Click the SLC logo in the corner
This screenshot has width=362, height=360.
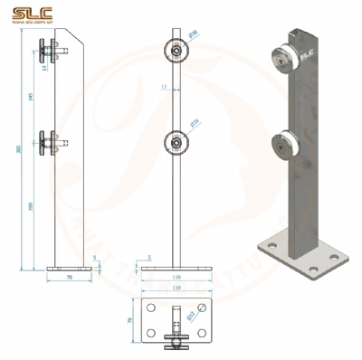tap(27, 13)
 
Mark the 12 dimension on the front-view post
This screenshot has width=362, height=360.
tap(163, 88)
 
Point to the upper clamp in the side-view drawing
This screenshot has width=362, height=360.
tap(49, 52)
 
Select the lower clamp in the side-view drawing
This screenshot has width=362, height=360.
tap(49, 141)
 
